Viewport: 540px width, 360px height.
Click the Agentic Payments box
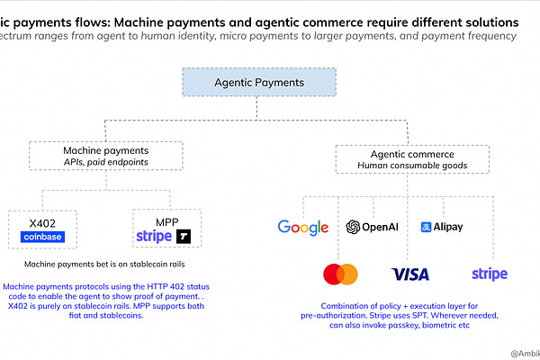pyautogui.click(x=259, y=82)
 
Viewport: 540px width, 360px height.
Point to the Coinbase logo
pyautogui.click(x=46, y=236)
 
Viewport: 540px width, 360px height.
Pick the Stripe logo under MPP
pyautogui.click(x=153, y=237)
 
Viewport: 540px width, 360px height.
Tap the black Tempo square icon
pyautogui.click(x=184, y=237)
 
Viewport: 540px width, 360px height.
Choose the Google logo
pyautogui.click(x=302, y=227)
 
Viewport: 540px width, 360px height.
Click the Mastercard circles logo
pyautogui.click(x=340, y=273)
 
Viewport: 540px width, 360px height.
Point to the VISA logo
pyautogui.click(x=410, y=274)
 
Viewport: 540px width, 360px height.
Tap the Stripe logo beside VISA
pyautogui.click(x=489, y=274)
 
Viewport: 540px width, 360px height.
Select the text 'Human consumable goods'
pyautogui.click(x=399, y=166)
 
